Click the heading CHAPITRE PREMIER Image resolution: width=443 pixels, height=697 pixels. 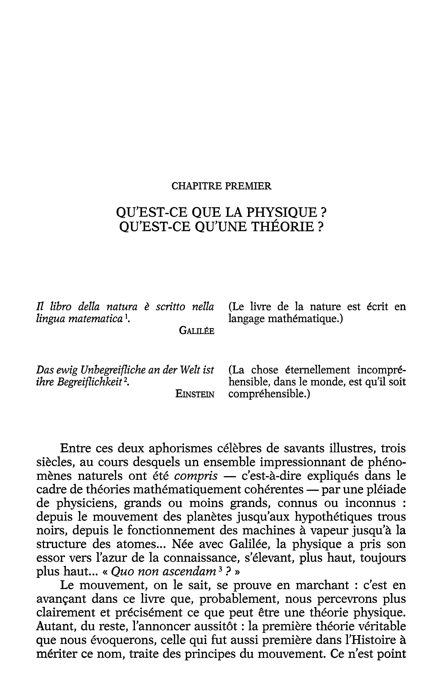[x=221, y=186]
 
